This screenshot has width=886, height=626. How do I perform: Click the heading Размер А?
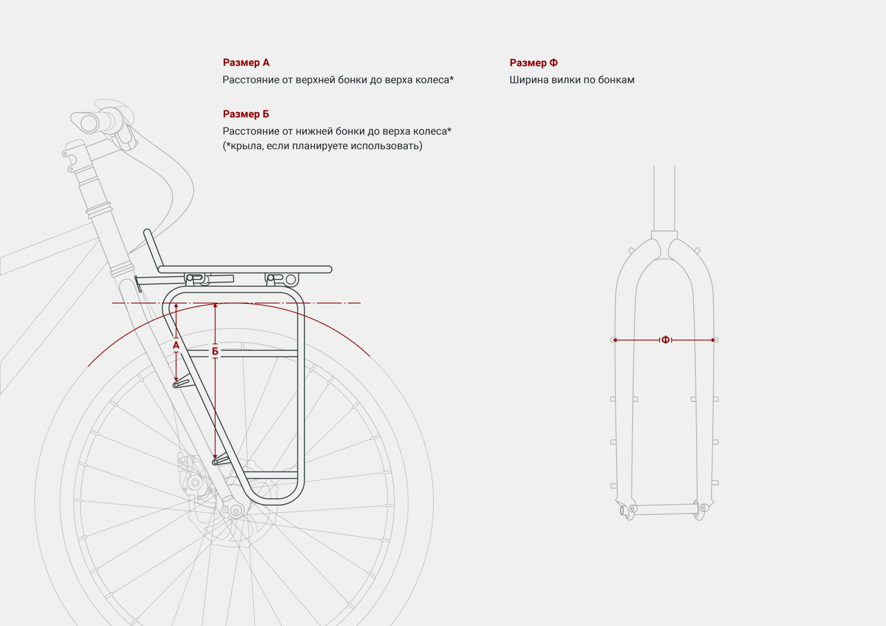[x=246, y=63]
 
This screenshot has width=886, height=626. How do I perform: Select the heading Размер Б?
[x=246, y=114]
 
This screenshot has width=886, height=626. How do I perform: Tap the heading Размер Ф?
[x=533, y=63]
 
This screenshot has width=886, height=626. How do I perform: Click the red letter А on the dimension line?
[x=176, y=345]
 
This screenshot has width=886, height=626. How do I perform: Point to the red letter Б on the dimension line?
[x=215, y=351]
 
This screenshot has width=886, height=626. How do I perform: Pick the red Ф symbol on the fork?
[x=666, y=340]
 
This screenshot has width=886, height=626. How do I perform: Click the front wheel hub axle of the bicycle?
[x=235, y=510]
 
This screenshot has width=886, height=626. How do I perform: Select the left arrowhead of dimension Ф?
[x=615, y=340]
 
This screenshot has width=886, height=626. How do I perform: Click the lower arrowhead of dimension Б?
[x=215, y=456]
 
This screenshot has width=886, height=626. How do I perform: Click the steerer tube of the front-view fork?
[x=664, y=198]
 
